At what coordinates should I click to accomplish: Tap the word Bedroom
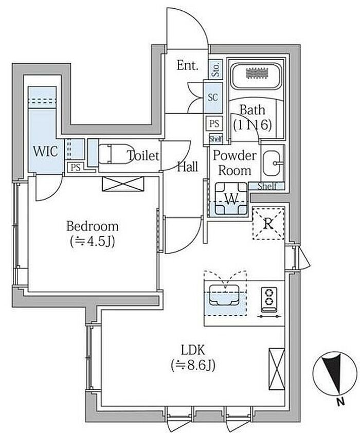93,226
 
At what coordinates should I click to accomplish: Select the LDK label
193,350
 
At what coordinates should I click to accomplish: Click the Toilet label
143,156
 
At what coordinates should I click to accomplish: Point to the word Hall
188,166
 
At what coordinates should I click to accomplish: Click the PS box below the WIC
75,167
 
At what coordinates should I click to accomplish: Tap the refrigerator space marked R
268,224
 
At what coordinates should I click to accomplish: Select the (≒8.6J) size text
193,366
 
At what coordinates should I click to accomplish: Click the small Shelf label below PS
215,138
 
